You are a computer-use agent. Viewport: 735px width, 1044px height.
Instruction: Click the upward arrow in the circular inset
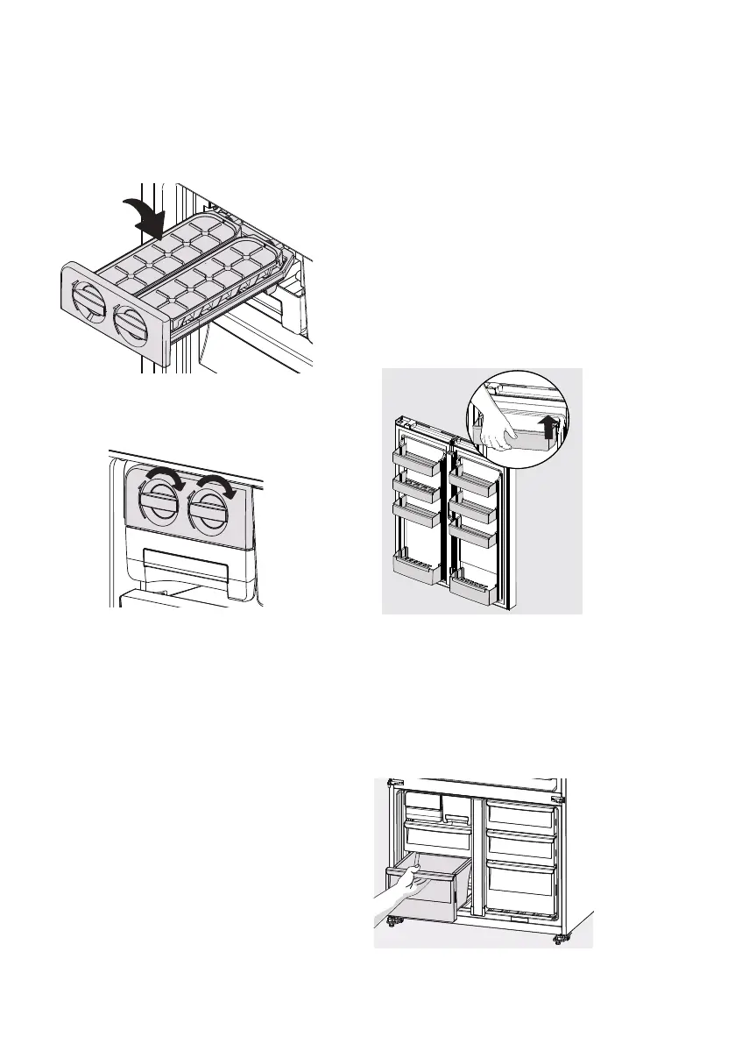pos(549,427)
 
